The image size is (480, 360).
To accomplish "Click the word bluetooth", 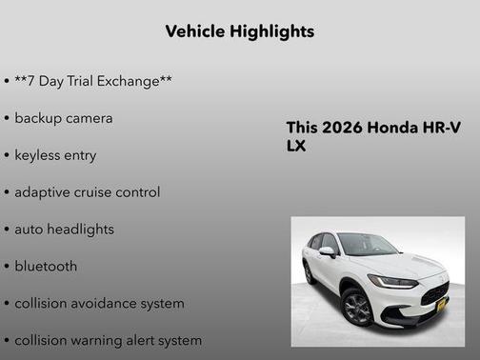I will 46,267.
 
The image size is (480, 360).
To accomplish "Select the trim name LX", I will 296,147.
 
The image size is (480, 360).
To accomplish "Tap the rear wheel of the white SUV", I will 310,272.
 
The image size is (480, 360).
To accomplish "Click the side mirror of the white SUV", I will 327,252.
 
